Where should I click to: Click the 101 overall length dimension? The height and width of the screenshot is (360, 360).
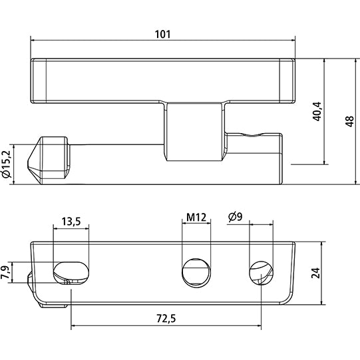(164, 33)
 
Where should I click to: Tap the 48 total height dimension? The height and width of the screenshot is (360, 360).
(349, 120)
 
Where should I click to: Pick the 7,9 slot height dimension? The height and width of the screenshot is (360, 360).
(7, 272)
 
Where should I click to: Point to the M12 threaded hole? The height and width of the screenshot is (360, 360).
(196, 271)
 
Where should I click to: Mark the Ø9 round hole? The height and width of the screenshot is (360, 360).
(260, 271)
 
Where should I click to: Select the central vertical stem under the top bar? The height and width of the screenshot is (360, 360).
(193, 132)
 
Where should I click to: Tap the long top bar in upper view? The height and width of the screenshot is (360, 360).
(164, 80)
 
